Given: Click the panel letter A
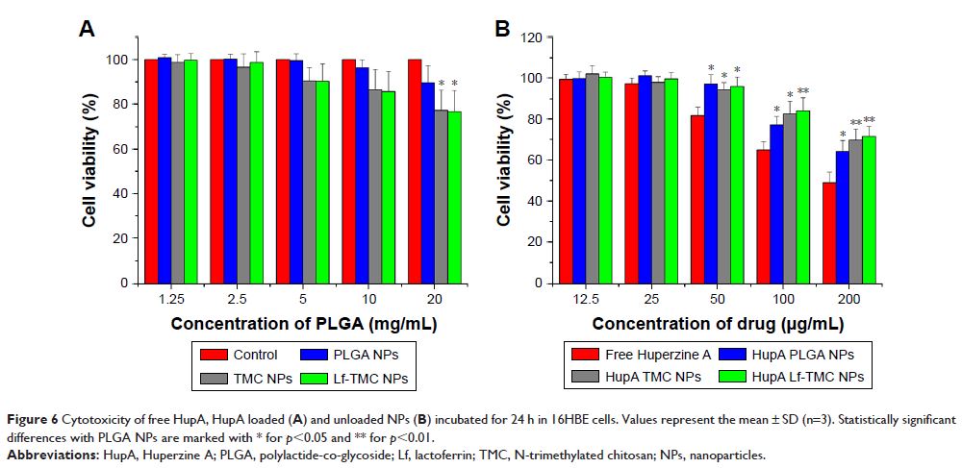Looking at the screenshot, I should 87,30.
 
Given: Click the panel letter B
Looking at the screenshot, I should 502,30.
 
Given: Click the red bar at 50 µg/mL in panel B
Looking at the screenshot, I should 698,199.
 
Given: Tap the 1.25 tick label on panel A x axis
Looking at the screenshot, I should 171,299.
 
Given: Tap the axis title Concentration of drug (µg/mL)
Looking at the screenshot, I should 719,324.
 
